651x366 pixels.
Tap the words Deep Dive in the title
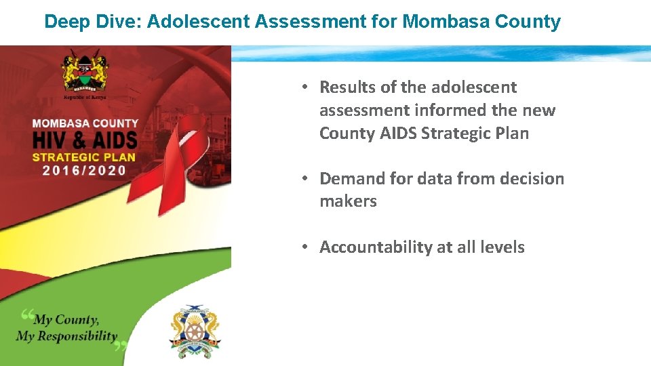(90, 22)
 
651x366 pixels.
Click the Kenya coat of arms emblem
(85, 70)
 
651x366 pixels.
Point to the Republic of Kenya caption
(85, 97)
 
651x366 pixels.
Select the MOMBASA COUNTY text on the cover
(85, 124)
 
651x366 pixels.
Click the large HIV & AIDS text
(85, 141)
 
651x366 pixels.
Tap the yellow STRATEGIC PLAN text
(84, 157)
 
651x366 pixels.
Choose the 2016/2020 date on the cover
(84, 170)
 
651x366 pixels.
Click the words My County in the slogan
(66, 320)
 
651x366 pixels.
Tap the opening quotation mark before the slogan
(27, 314)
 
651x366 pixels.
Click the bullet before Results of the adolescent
(307, 87)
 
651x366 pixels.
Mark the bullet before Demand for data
(307, 179)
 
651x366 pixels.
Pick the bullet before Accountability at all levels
(307, 247)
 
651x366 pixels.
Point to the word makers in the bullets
(348, 201)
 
